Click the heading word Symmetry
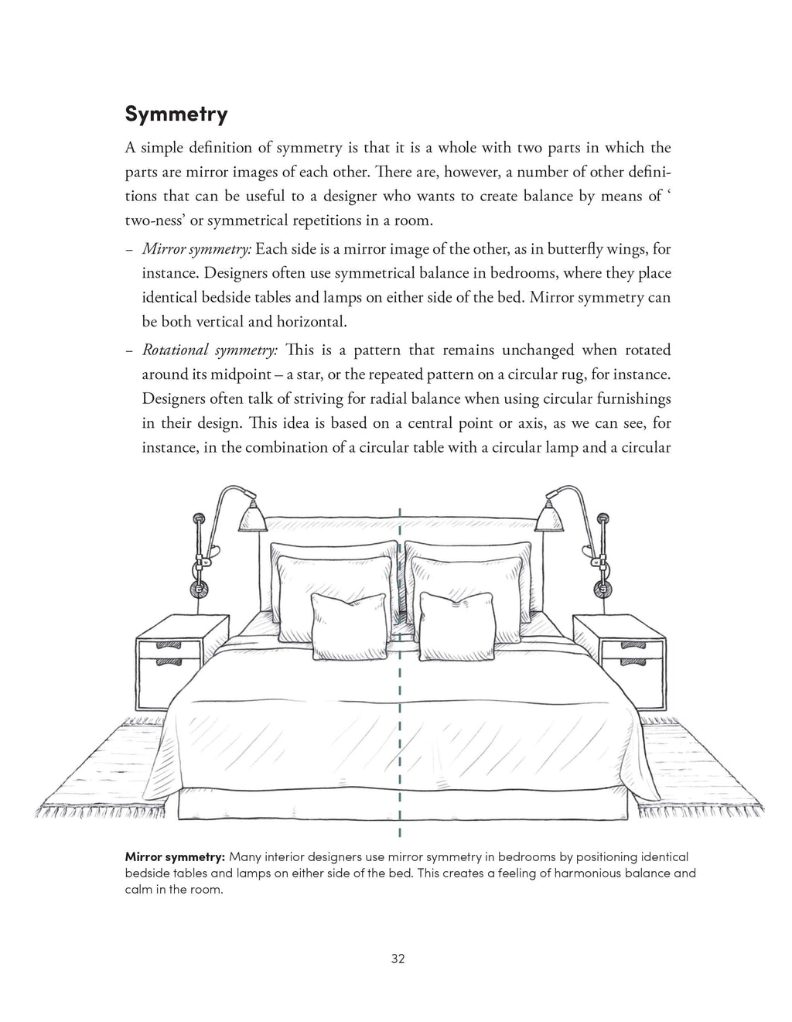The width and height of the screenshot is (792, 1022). (176, 115)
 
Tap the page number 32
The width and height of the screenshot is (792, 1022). (398, 959)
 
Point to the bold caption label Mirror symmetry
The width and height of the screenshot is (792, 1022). (175, 856)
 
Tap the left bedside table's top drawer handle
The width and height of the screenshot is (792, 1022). (169, 645)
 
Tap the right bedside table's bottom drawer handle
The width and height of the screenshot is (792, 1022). (632, 663)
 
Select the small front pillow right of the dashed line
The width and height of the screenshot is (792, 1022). (456, 624)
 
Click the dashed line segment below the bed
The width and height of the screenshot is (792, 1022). (400, 832)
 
